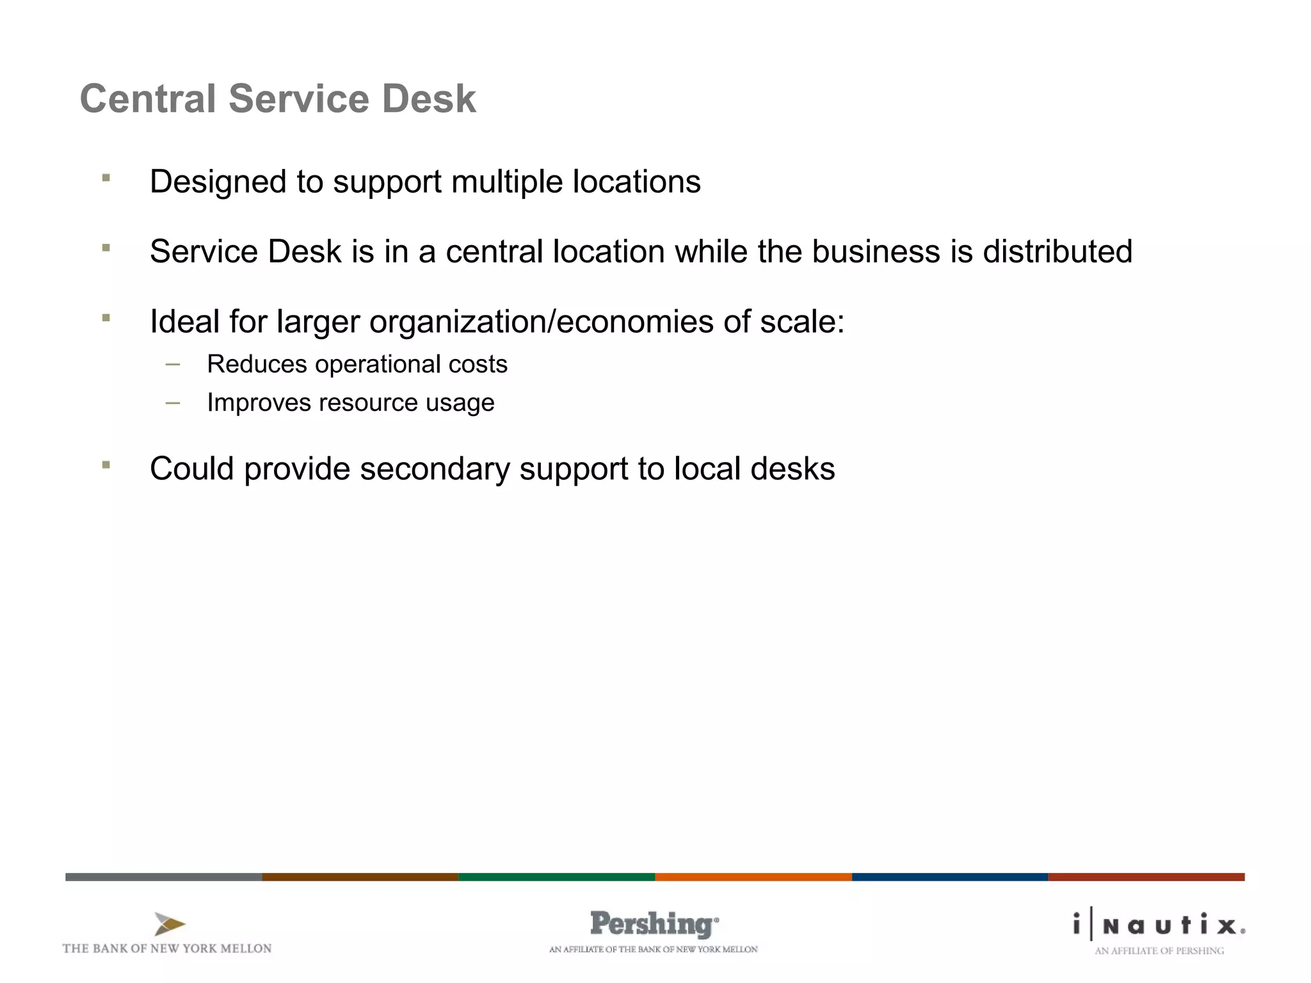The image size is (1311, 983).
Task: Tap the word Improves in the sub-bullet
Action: [258, 403]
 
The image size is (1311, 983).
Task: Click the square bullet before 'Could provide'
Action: [106, 465]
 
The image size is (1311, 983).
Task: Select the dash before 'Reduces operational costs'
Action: [172, 365]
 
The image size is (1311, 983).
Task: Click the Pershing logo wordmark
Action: [654, 924]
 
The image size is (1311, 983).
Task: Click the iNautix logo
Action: [1159, 925]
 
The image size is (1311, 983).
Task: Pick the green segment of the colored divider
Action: [556, 877]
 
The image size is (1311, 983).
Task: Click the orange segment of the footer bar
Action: [753, 877]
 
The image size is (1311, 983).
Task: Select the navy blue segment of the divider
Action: [949, 877]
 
